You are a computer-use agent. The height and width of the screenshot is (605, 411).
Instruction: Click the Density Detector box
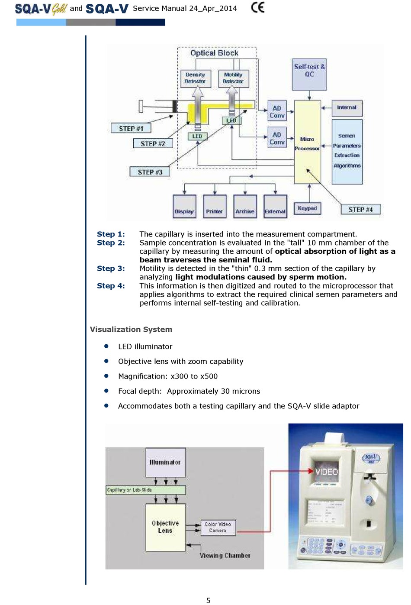[195, 78]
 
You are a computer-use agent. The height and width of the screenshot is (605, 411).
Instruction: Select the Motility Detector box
[233, 78]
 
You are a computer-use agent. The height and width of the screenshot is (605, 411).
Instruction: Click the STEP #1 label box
[131, 128]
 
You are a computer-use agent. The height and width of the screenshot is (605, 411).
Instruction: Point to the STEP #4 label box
[360, 210]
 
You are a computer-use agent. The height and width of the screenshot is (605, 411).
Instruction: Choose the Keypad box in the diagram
[308, 208]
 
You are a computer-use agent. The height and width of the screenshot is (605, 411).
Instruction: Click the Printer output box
[214, 206]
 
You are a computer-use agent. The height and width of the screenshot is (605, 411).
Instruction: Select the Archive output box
[245, 206]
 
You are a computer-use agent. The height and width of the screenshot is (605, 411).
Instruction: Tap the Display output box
[184, 206]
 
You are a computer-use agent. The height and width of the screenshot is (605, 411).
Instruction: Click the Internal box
[347, 107]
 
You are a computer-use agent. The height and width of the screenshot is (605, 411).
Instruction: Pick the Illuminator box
[165, 462]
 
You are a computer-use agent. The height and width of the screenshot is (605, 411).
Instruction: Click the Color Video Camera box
[218, 527]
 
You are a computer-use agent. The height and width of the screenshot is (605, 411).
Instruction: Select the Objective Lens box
[165, 527]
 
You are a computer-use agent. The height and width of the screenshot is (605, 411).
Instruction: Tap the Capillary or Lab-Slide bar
[146, 490]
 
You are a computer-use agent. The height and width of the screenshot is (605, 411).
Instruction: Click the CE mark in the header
[258, 8]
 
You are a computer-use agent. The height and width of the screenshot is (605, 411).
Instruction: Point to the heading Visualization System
[131, 329]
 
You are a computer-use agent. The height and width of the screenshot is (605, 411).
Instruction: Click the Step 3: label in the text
[111, 269]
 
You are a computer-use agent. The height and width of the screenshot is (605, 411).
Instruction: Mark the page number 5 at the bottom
[208, 600]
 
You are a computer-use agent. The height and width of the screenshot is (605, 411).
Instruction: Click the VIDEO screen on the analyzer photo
[326, 471]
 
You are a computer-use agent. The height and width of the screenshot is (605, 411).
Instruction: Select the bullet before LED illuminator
[106, 346]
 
